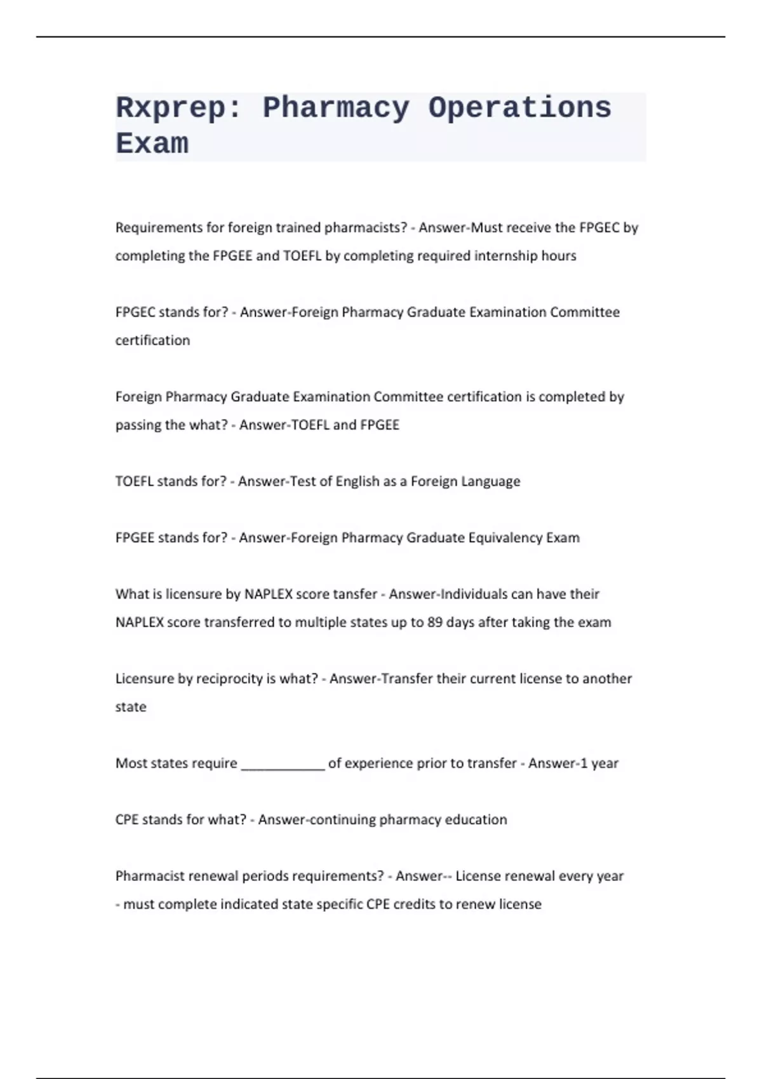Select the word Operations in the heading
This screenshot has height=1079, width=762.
click(x=519, y=108)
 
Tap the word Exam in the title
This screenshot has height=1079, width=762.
click(x=152, y=143)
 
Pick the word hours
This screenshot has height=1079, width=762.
click(x=559, y=256)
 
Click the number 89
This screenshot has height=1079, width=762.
click(x=434, y=623)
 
